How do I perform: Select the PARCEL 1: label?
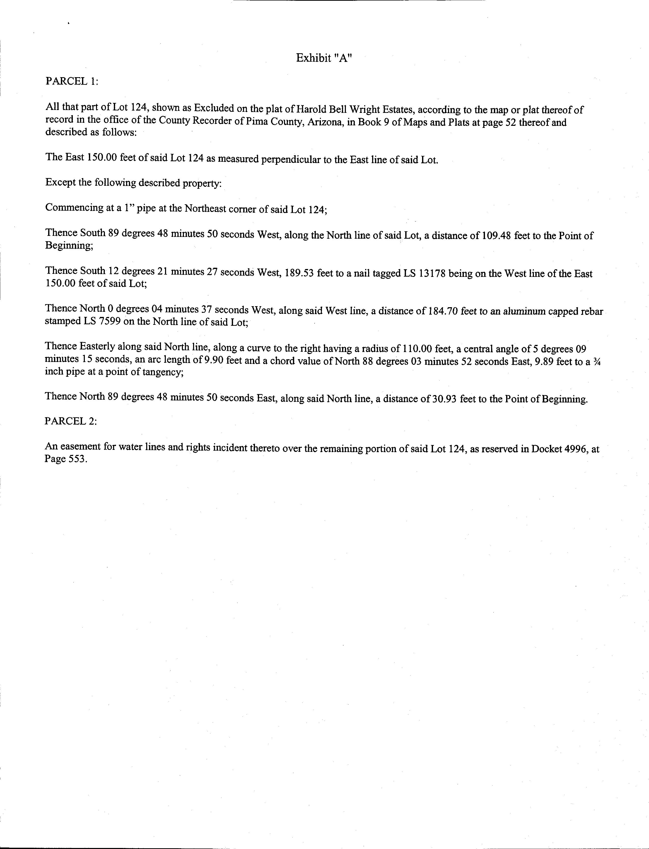tap(72, 82)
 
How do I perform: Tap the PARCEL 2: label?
tap(71, 421)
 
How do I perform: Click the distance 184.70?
tap(443, 311)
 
